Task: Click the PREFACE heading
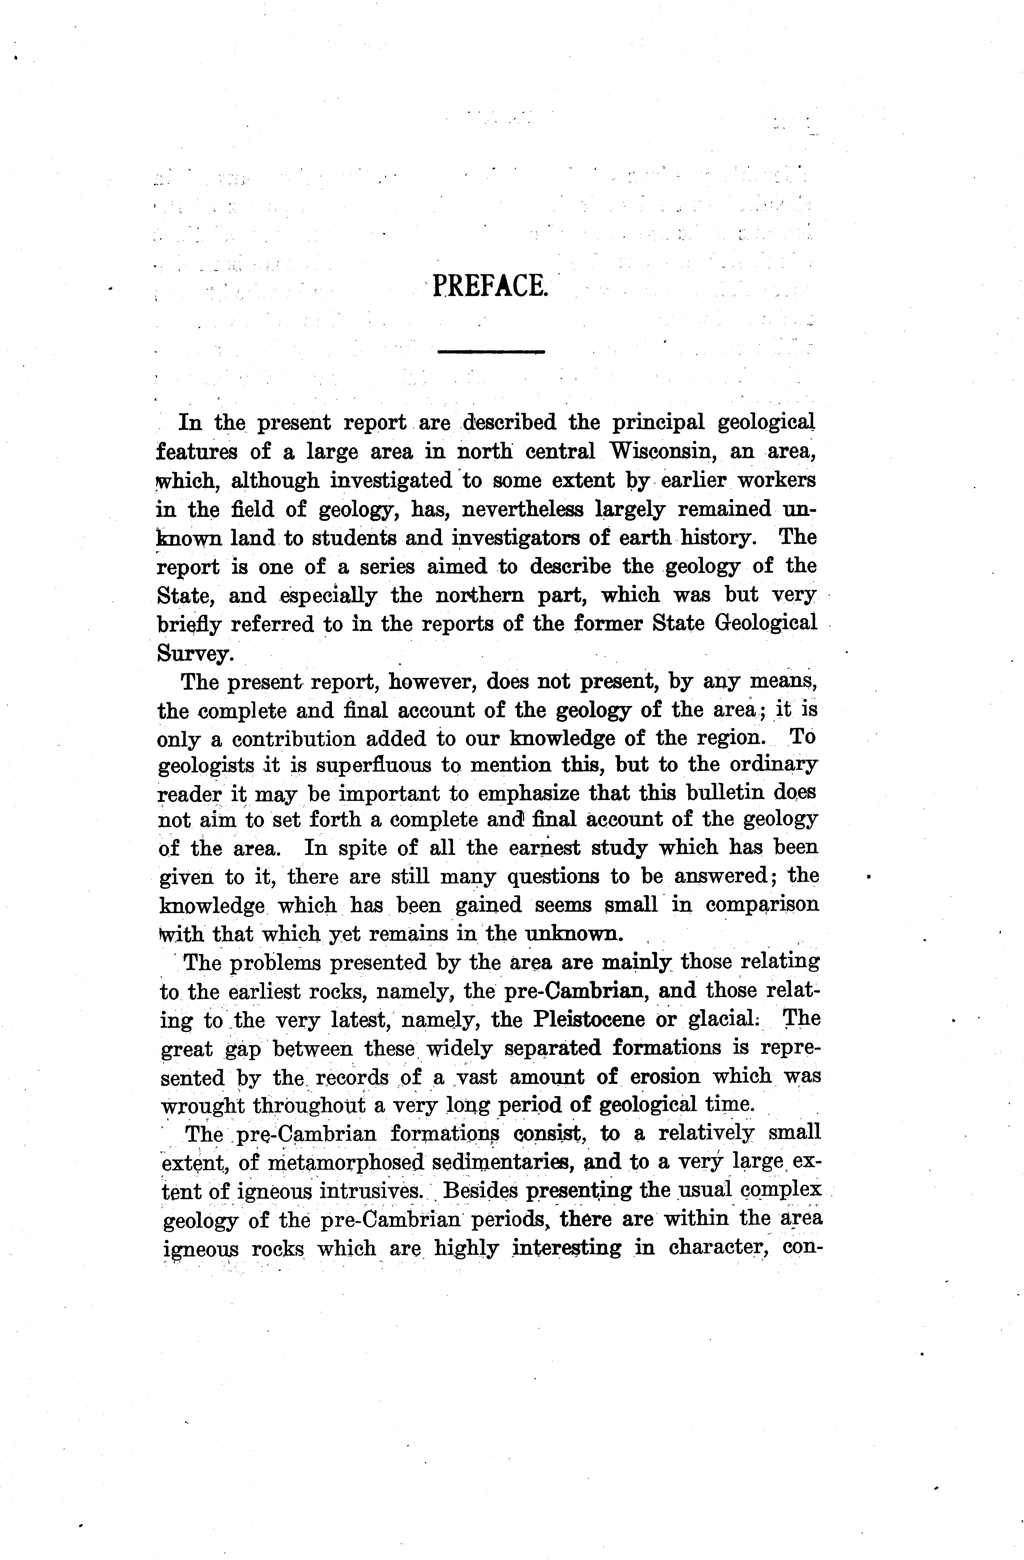[490, 286]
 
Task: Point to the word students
[353, 538]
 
